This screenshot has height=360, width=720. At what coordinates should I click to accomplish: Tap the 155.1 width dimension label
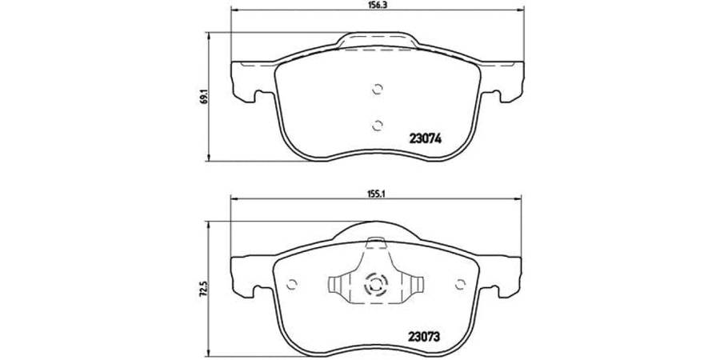378,193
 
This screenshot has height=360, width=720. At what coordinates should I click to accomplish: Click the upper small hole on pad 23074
378,90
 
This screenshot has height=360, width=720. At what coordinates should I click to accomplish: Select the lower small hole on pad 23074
378,124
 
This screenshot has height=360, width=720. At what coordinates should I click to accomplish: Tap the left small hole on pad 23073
292,282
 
